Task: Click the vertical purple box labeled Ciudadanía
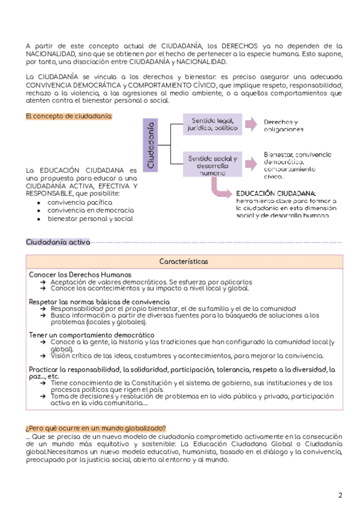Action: (x=151, y=145)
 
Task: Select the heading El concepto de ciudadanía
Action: (x=69, y=116)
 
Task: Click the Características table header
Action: (x=184, y=262)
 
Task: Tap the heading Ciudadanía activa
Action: (x=58, y=242)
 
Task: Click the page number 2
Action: (x=340, y=495)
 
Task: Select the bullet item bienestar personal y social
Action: (x=90, y=219)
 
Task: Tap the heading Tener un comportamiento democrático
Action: (x=91, y=335)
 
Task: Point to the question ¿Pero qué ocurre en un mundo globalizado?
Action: (x=96, y=427)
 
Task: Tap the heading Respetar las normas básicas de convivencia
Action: (x=99, y=301)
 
